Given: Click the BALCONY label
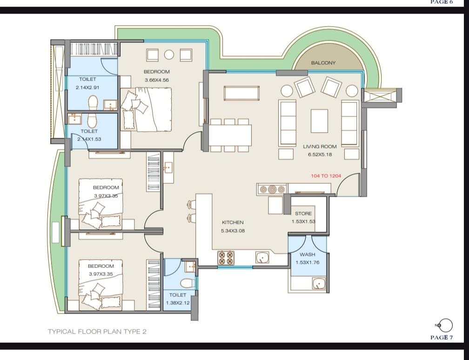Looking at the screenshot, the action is [x=323, y=63].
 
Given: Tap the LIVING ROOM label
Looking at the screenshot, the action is [x=320, y=147].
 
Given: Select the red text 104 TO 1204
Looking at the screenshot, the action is [x=326, y=176].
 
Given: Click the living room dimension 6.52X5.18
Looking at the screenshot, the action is [x=320, y=154].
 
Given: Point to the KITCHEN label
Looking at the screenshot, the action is [x=233, y=222].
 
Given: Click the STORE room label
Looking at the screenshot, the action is [x=303, y=213].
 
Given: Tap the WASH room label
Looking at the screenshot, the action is [x=308, y=254].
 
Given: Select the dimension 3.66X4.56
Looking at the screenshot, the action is [x=157, y=80].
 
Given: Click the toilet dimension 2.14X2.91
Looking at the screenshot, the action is [x=87, y=87].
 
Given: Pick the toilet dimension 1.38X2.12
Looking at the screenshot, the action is [x=178, y=303].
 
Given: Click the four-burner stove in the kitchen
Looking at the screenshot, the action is [x=226, y=258].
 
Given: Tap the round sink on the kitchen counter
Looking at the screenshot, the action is [x=262, y=258].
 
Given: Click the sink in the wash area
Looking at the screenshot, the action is [x=319, y=283].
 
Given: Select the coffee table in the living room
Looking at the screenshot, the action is [x=319, y=121].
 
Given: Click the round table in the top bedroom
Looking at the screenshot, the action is [x=169, y=55].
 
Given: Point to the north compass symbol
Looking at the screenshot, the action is [x=445, y=325].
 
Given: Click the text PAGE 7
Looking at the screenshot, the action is [x=442, y=338].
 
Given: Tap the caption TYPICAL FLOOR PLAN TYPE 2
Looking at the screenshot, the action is [x=97, y=332].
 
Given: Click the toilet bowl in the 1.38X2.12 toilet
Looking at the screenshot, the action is [x=188, y=283].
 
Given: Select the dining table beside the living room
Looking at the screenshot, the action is [x=230, y=135].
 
